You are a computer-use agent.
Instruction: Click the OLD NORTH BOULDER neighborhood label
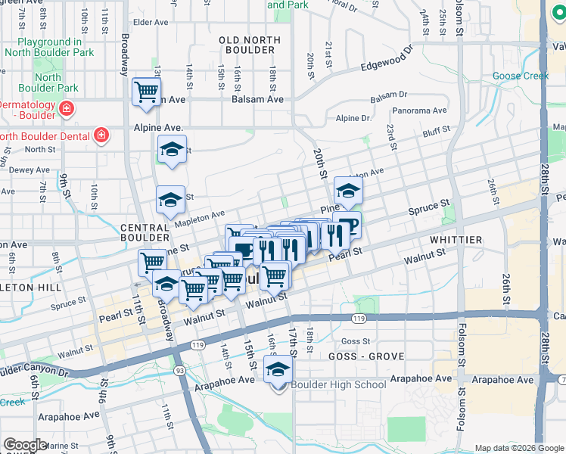(x=246, y=45)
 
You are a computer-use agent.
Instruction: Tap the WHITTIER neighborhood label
(x=456, y=240)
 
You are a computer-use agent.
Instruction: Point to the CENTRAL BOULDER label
(x=143, y=233)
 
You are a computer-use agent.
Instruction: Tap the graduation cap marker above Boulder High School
(x=278, y=371)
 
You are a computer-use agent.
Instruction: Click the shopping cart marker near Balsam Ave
(x=146, y=92)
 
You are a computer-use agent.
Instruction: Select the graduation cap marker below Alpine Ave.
(x=173, y=150)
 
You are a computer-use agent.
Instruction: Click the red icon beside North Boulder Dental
(x=101, y=136)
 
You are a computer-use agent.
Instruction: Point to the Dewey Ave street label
(x=30, y=170)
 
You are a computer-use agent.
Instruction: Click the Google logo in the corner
(x=24, y=445)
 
